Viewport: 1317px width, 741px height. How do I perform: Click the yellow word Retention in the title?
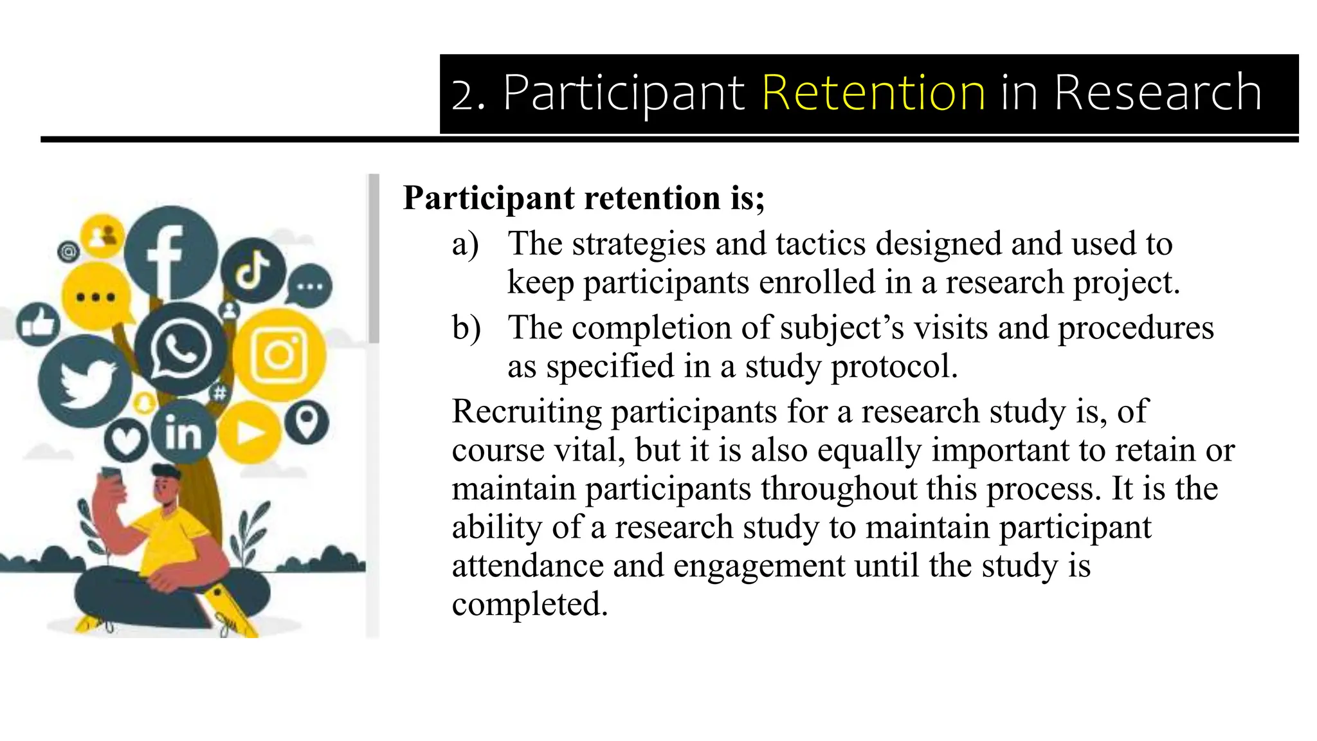point(873,93)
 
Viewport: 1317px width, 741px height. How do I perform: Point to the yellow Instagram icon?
point(279,355)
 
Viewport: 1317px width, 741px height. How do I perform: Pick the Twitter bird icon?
point(85,381)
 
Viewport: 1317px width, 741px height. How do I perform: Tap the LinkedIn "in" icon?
point(183,432)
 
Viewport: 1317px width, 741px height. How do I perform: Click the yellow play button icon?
point(250,432)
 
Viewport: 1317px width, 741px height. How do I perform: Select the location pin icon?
point(307,423)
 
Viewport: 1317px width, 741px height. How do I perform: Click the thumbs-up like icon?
point(38,324)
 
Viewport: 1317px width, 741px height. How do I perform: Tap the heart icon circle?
point(126,440)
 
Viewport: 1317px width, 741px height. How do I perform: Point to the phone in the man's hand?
point(111,479)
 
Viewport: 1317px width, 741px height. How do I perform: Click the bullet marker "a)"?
point(465,244)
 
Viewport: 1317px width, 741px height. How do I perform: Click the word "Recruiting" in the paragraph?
point(527,412)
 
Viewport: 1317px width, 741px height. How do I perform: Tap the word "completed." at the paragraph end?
point(530,605)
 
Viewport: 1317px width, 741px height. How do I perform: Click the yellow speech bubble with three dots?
point(96,297)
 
